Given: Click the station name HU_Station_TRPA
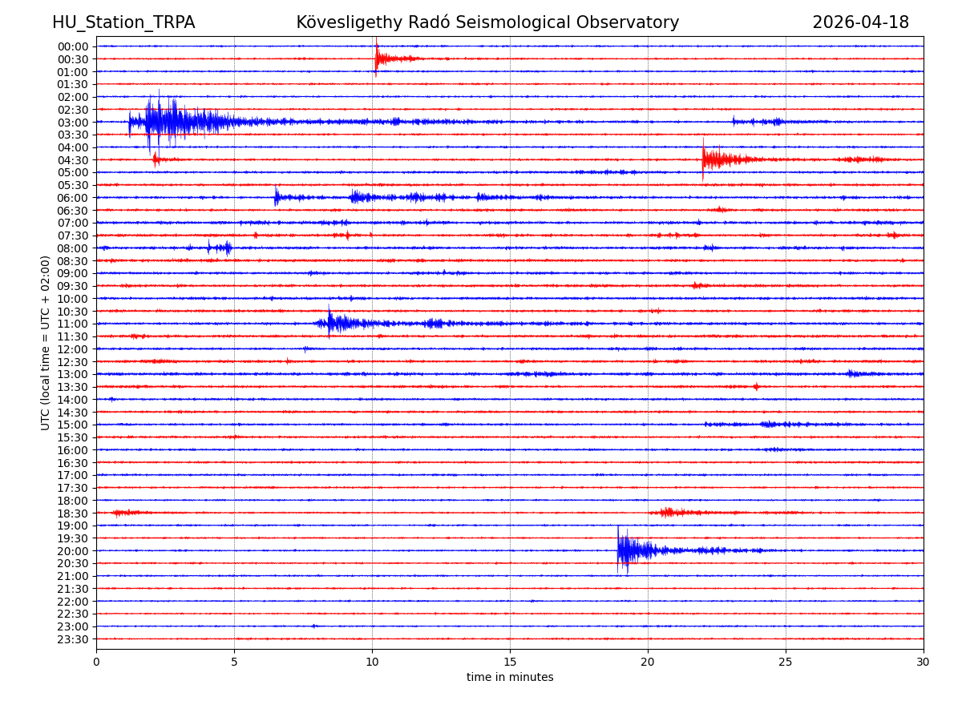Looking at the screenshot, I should click(123, 23).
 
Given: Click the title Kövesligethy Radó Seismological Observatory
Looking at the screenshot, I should click(487, 23).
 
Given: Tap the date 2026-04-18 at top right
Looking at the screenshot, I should click(860, 23).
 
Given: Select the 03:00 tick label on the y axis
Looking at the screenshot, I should click(73, 123).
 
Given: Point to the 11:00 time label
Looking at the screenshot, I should click(73, 324).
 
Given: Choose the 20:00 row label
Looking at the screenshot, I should click(73, 551).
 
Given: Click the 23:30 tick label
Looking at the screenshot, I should click(73, 639).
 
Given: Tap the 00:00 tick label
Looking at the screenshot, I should click(73, 46).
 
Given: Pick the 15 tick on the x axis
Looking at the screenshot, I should click(510, 663).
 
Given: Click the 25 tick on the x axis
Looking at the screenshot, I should click(786, 663).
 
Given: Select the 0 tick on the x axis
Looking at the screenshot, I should click(96, 663).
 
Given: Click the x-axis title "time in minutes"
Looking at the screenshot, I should click(510, 678).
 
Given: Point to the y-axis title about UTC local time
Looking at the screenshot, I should click(46, 343).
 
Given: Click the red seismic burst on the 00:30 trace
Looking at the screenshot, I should click(379, 58).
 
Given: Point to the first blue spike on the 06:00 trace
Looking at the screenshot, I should click(277, 197).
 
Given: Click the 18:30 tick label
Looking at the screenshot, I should click(73, 514).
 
